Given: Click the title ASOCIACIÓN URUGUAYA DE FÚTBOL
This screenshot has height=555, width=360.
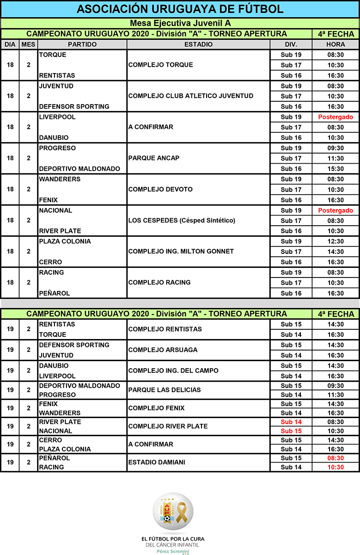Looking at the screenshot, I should point(180,9).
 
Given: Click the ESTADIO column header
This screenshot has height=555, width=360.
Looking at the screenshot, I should point(198,44).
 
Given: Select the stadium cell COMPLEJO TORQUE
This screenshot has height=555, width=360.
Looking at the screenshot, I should point(160,65).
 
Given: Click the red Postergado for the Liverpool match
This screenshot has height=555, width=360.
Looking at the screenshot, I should point(336,117).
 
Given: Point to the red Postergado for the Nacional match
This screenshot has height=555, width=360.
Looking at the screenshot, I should point(336,210).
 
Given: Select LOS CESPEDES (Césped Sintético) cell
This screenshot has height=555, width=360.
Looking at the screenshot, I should point(182,221).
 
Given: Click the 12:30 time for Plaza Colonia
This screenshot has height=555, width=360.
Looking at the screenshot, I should point(336,241).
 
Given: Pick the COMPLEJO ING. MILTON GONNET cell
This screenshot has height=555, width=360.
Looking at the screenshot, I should point(181,252).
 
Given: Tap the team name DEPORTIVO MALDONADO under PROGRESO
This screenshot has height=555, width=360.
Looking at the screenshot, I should point(79,169).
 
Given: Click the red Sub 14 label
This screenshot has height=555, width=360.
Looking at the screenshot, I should point(291,422).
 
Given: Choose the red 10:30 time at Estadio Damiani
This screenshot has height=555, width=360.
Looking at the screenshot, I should point(336,467).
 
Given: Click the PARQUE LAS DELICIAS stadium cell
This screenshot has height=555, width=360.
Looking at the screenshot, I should point(165,390).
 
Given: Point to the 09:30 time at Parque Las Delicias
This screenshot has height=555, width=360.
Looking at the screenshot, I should point(336,386).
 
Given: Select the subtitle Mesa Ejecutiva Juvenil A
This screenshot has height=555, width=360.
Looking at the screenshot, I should point(180,24).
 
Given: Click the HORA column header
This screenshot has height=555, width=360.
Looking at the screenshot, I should point(336,44).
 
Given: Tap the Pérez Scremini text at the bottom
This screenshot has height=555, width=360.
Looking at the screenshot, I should point(173,551).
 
